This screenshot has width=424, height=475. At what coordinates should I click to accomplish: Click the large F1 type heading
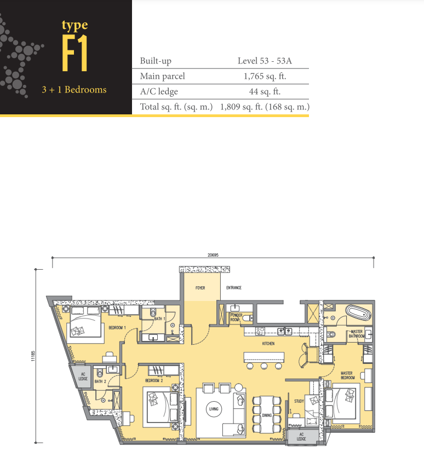(x=75, y=53)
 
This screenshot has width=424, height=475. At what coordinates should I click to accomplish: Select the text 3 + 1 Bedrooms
(x=75, y=90)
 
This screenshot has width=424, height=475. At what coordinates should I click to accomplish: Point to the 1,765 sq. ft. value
(x=265, y=77)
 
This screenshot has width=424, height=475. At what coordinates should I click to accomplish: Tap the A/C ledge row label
(x=159, y=91)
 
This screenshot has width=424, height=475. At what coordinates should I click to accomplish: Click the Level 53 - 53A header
(x=265, y=61)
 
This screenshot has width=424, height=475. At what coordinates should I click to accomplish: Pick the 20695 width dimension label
(x=213, y=255)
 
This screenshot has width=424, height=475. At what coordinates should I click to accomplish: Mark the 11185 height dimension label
(x=33, y=356)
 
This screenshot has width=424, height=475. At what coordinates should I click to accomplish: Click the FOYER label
(x=200, y=288)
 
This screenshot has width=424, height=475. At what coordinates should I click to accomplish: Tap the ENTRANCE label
(x=234, y=287)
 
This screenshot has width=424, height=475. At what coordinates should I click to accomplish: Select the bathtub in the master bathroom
(x=359, y=312)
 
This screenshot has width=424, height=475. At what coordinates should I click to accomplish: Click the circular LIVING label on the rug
(x=214, y=409)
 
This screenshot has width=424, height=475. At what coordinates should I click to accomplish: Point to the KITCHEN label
(x=268, y=344)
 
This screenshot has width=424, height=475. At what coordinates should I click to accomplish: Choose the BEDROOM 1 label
(x=117, y=327)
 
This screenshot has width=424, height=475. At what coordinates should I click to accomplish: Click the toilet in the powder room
(x=248, y=318)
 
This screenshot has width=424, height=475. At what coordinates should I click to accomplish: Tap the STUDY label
(x=299, y=401)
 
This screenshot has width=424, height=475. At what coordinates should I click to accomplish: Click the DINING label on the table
(x=267, y=415)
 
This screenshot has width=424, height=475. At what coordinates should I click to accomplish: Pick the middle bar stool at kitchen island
(x=264, y=366)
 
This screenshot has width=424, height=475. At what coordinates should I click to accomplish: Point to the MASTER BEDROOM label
(x=347, y=375)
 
